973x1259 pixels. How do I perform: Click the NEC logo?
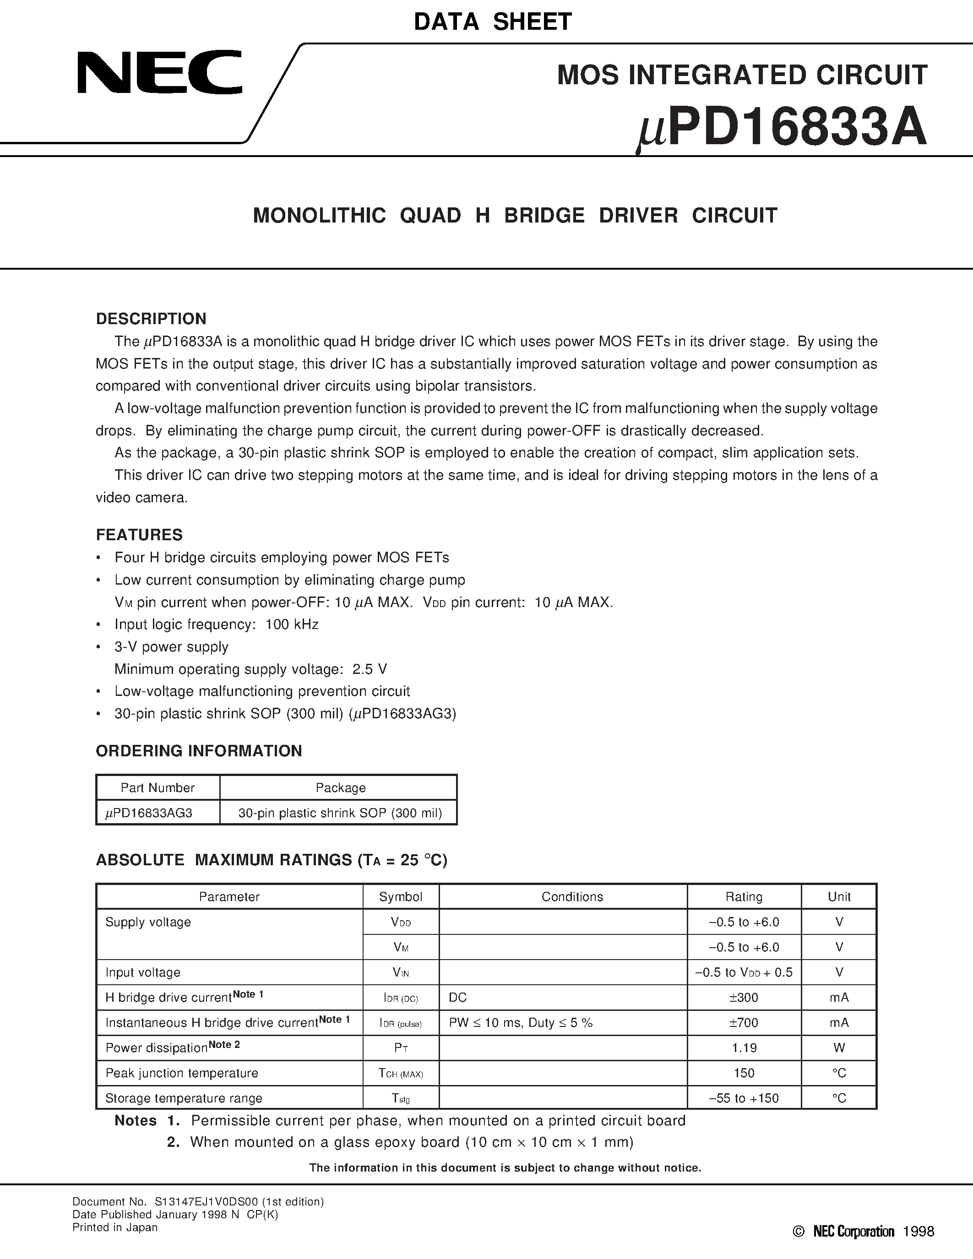160,73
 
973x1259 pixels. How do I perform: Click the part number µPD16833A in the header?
782,129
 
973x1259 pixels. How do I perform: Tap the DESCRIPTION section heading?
151,319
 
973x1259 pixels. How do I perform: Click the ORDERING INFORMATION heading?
199,750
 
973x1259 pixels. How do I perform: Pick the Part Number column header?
158,787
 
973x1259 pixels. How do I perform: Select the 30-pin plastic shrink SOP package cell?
340,813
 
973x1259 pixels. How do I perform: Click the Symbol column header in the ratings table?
401,896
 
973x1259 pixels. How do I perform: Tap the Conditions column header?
572,896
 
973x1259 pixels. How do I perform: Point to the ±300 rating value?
744,997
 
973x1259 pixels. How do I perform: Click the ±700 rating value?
744,1023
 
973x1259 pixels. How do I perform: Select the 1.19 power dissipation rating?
744,1047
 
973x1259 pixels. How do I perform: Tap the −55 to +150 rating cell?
744,1098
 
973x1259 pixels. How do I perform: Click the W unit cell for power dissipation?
839,1047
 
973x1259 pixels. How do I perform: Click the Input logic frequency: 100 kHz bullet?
216,624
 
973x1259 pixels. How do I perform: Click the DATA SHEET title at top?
493,22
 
